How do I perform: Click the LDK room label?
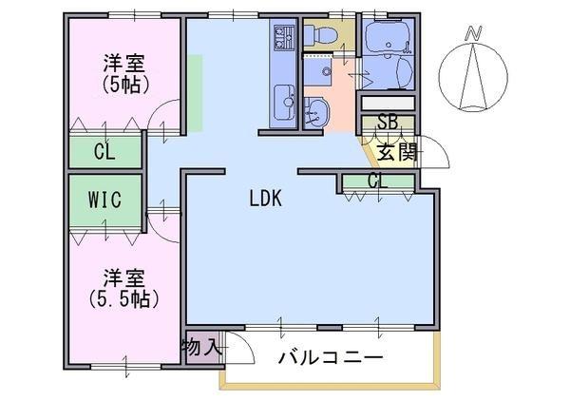pyautogui.click(x=266, y=199)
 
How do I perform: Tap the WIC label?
pyautogui.click(x=104, y=200)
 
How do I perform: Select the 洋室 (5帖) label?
pyautogui.click(x=124, y=74)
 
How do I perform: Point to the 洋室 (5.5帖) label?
pyautogui.click(x=123, y=289)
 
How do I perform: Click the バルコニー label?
pyautogui.click(x=331, y=357)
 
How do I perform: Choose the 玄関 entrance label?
pyautogui.click(x=397, y=152)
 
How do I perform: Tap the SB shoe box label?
pyautogui.click(x=388, y=123)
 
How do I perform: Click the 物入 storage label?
pyautogui.click(x=202, y=347)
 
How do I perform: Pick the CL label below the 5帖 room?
pyautogui.click(x=104, y=152)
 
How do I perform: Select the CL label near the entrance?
pyautogui.click(x=378, y=181)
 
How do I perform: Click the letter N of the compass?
pyautogui.click(x=474, y=32)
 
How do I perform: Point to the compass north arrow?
pyautogui.click(x=473, y=77)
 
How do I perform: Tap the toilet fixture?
pyautogui.click(x=321, y=33)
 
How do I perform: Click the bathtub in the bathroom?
pyautogui.click(x=389, y=37)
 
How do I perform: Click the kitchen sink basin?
pyautogui.click(x=284, y=103)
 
